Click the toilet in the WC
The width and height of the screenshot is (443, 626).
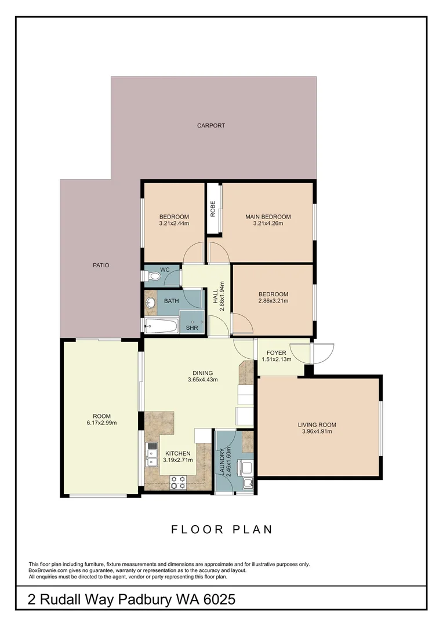tap(153, 277)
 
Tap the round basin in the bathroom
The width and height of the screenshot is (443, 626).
tap(152, 302)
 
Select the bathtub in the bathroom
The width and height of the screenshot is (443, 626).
tap(161, 326)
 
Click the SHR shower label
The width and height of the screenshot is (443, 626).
tap(191, 328)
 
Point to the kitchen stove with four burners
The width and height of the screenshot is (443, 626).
tap(178, 482)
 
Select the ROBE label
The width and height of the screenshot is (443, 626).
tap(213, 209)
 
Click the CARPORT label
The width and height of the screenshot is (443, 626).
tap(210, 125)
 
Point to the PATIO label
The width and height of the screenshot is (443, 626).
tap(101, 265)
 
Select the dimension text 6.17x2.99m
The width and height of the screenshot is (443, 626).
tap(101, 423)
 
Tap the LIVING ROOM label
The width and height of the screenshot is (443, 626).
tap(319, 424)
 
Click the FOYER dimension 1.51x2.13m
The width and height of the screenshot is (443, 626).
tap(276, 359)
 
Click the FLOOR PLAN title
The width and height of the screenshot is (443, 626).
tap(221, 529)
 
